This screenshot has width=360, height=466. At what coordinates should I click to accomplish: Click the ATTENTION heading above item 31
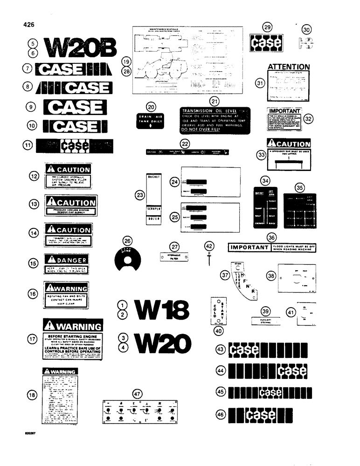click(288, 67)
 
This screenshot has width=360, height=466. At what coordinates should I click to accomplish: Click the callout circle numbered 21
click(215, 101)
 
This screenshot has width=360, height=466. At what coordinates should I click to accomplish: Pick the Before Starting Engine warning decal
click(72, 340)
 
